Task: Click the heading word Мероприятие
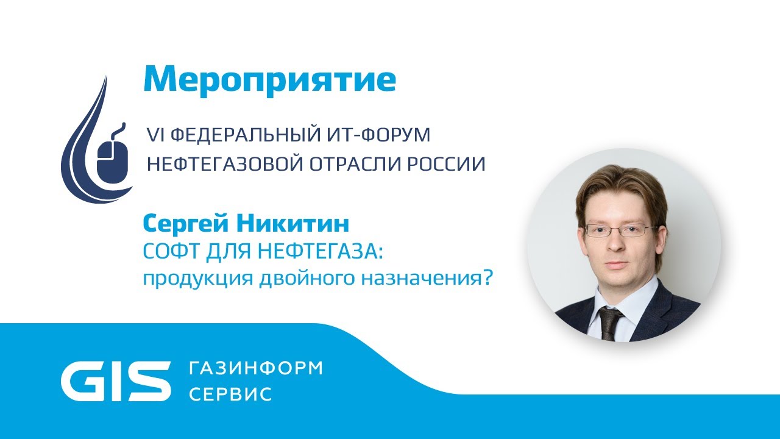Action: click(x=269, y=79)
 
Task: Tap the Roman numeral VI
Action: click(x=152, y=135)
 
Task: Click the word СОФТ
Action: click(x=166, y=251)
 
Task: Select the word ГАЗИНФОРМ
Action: click(x=256, y=368)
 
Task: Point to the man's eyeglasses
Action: click(x=620, y=230)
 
